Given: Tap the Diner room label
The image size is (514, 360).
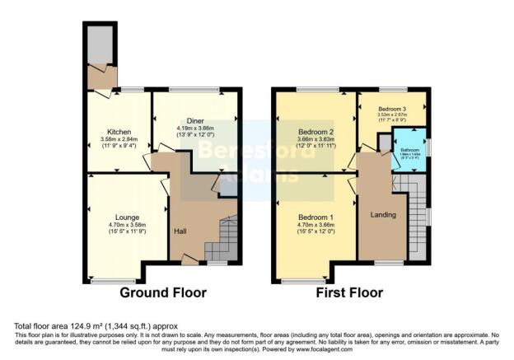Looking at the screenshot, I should (x=195, y=120).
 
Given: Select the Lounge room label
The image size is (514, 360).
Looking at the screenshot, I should (x=119, y=217).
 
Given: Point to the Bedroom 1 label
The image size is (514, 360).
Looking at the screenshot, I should (x=316, y=216).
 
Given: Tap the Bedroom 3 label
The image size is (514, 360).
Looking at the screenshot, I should (x=392, y=108).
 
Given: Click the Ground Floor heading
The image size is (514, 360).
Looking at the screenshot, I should (x=163, y=292).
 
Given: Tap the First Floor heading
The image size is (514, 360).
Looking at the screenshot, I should (x=349, y=292).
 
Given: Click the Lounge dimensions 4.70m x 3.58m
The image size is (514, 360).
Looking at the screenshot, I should (x=119, y=224).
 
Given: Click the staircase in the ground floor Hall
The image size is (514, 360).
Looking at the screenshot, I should (x=221, y=238).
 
